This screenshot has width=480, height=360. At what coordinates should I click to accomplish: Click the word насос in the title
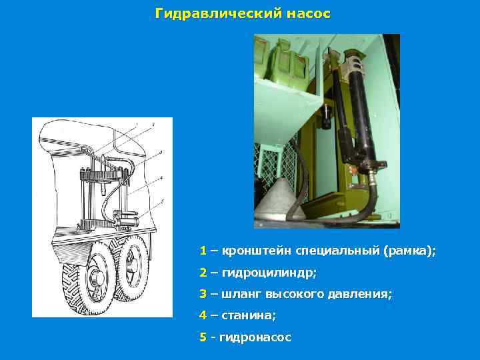pyautogui.click(x=304, y=13)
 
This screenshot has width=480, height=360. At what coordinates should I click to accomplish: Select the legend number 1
pyautogui.click(x=203, y=251)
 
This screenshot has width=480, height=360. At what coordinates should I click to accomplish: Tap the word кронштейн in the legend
pyautogui.click(x=257, y=251)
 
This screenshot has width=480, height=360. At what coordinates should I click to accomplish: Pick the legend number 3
pyautogui.click(x=203, y=293)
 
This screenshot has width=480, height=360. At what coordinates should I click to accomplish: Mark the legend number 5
pyautogui.click(x=203, y=337)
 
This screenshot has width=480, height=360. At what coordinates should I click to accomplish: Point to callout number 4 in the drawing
pyautogui.click(x=162, y=179)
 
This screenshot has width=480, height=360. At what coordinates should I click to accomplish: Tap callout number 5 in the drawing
pyautogui.click(x=162, y=201)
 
